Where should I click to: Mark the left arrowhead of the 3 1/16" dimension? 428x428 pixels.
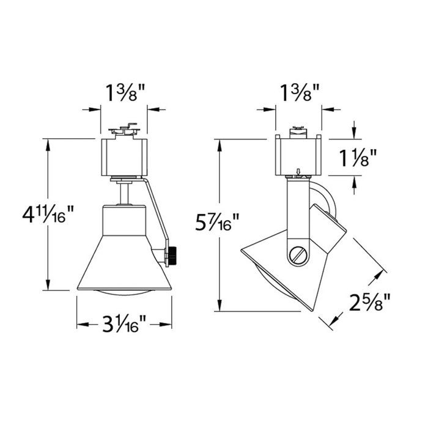click(x=80, y=323)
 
